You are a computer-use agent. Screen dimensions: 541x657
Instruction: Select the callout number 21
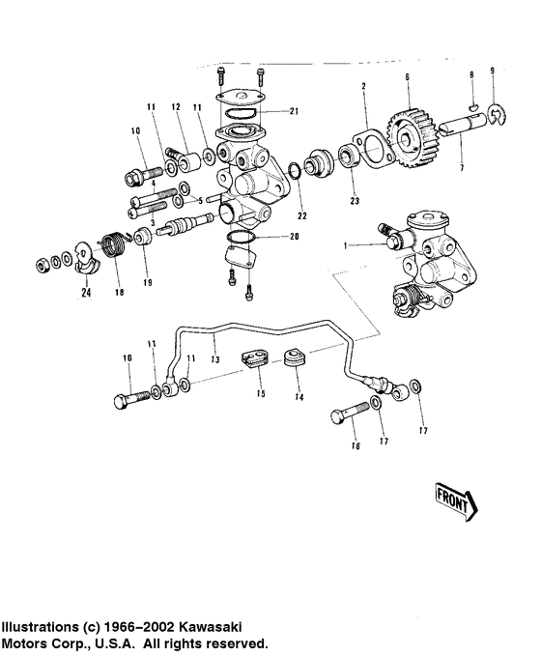(295, 111)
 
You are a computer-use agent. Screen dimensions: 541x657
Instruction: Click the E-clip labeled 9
(497, 114)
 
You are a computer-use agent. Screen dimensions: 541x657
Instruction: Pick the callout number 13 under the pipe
(215, 359)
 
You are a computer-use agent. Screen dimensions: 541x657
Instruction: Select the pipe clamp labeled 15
(255, 357)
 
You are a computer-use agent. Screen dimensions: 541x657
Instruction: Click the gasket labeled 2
(373, 149)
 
